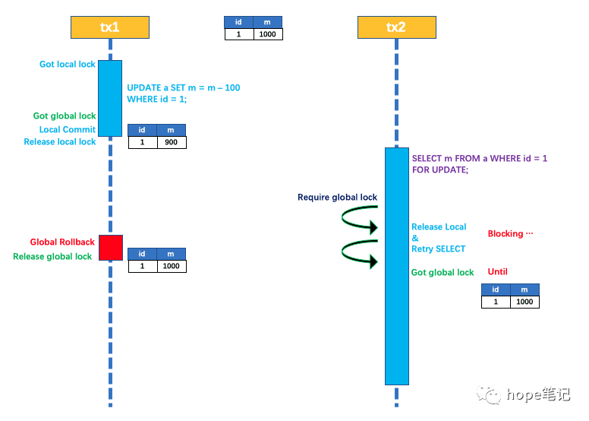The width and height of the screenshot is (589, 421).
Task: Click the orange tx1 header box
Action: [x=110, y=27]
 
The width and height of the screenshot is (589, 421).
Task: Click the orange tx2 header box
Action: [x=395, y=27]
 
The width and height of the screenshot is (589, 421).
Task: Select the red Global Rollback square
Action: [x=110, y=248]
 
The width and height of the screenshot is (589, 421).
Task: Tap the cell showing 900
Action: [x=172, y=142]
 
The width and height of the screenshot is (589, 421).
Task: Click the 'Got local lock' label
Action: [x=68, y=65]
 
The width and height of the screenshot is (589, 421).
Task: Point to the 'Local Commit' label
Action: [x=68, y=130]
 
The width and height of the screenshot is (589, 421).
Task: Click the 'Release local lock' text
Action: [x=60, y=142]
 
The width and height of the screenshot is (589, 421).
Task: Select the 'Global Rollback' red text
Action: [x=62, y=242]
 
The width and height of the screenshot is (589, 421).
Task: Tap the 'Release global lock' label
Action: [x=52, y=257]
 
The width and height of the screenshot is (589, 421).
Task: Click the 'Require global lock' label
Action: [x=337, y=198]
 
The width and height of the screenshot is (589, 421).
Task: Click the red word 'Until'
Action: [x=498, y=272]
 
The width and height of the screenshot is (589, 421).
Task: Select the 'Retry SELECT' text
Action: [x=439, y=249]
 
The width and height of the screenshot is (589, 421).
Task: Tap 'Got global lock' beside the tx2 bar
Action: [x=443, y=273]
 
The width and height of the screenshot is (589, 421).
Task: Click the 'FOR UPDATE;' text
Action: [x=440, y=171]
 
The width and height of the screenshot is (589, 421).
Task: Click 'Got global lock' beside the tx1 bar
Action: [x=65, y=116]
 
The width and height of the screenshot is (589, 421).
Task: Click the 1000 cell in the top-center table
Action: [x=267, y=34]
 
